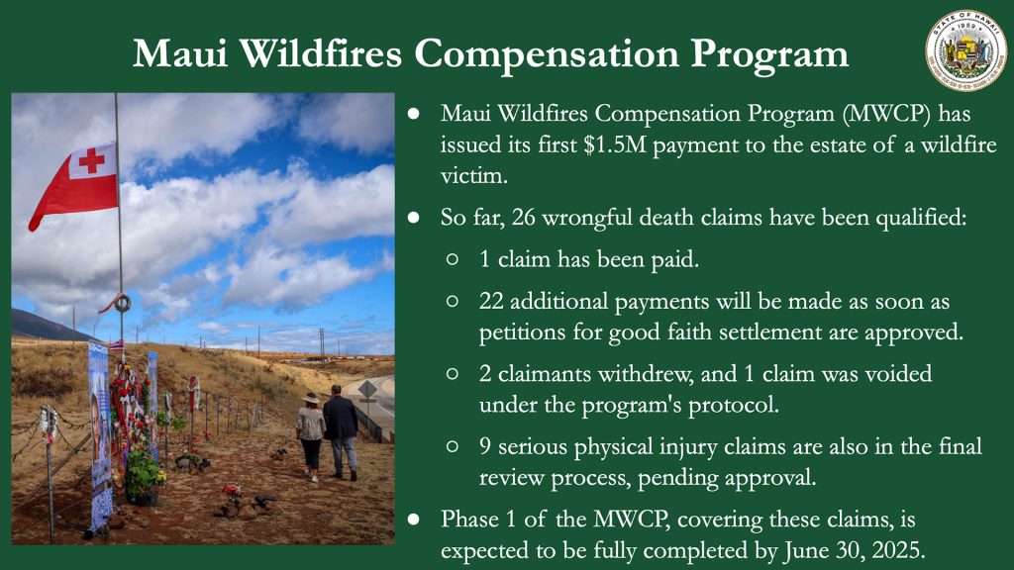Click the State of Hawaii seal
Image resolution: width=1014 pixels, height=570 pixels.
tap(965, 49)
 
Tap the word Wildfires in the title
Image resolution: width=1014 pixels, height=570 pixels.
tap(322, 53)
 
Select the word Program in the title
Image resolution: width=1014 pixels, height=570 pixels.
tap(768, 54)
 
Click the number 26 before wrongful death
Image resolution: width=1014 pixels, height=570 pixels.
tap(523, 218)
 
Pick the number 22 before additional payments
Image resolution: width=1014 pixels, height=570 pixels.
tap(491, 302)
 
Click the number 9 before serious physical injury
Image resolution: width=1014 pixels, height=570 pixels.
tap(485, 446)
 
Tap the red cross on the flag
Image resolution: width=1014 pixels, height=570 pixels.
tap(91, 160)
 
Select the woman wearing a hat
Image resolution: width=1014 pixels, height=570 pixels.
tap(311, 436)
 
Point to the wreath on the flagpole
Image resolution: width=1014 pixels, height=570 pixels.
tap(122, 303)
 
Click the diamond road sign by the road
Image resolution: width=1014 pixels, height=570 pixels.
tap(368, 390)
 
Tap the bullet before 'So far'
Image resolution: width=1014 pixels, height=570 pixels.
tap(414, 218)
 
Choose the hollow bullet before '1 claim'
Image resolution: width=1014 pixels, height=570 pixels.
tap(452, 260)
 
